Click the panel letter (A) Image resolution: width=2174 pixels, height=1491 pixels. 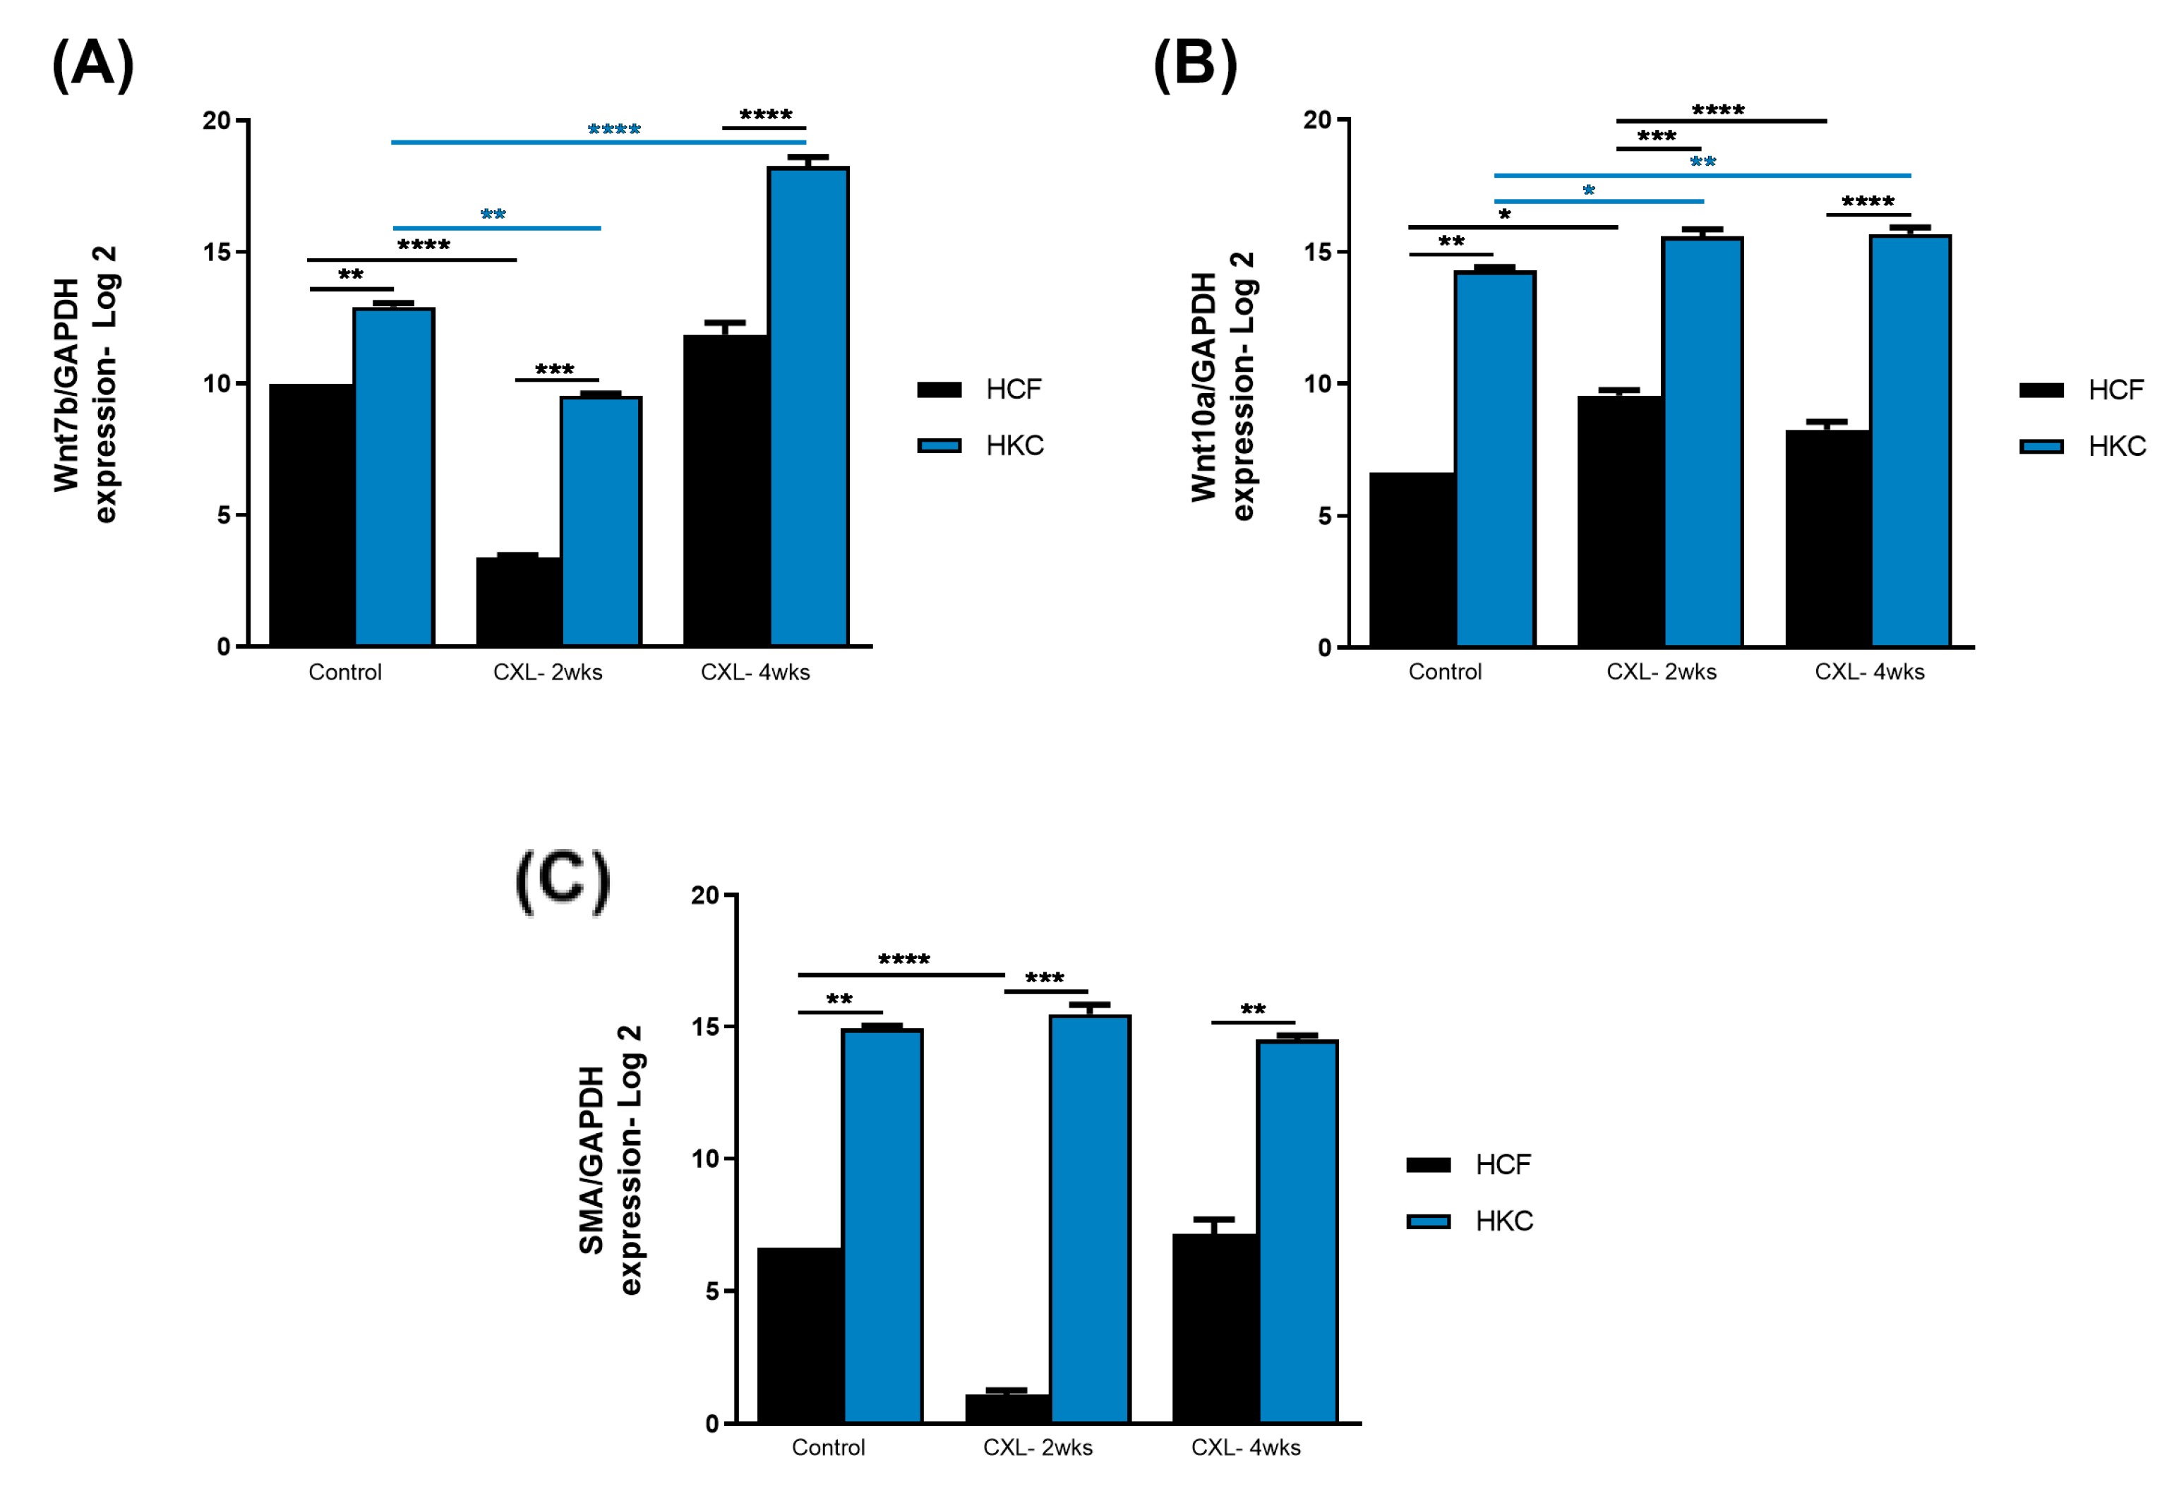coord(92,66)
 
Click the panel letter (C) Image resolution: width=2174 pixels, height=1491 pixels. coord(563,881)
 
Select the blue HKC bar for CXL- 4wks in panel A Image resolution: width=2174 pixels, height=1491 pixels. coord(808,407)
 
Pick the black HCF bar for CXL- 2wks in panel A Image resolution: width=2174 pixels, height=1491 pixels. coord(517,600)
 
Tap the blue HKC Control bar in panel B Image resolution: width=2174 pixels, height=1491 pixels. coord(1495,459)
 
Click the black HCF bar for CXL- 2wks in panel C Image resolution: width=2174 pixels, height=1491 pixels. coord(1007,1408)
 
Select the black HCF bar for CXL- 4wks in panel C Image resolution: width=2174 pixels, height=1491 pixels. coord(1214,1328)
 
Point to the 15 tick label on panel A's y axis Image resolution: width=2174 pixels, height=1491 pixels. coord(217,253)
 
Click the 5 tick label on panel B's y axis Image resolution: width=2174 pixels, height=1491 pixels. coord(1326,517)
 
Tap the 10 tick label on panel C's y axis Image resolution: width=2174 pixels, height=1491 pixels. coord(705,1159)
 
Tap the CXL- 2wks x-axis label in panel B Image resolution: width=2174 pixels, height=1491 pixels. coord(1662,672)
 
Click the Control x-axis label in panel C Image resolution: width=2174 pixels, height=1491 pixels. coord(828,1447)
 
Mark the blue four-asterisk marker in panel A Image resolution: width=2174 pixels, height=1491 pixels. coord(613,129)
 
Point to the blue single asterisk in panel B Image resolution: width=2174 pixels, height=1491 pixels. coord(1588,191)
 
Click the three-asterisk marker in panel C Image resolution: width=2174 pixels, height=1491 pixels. coord(1044,979)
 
